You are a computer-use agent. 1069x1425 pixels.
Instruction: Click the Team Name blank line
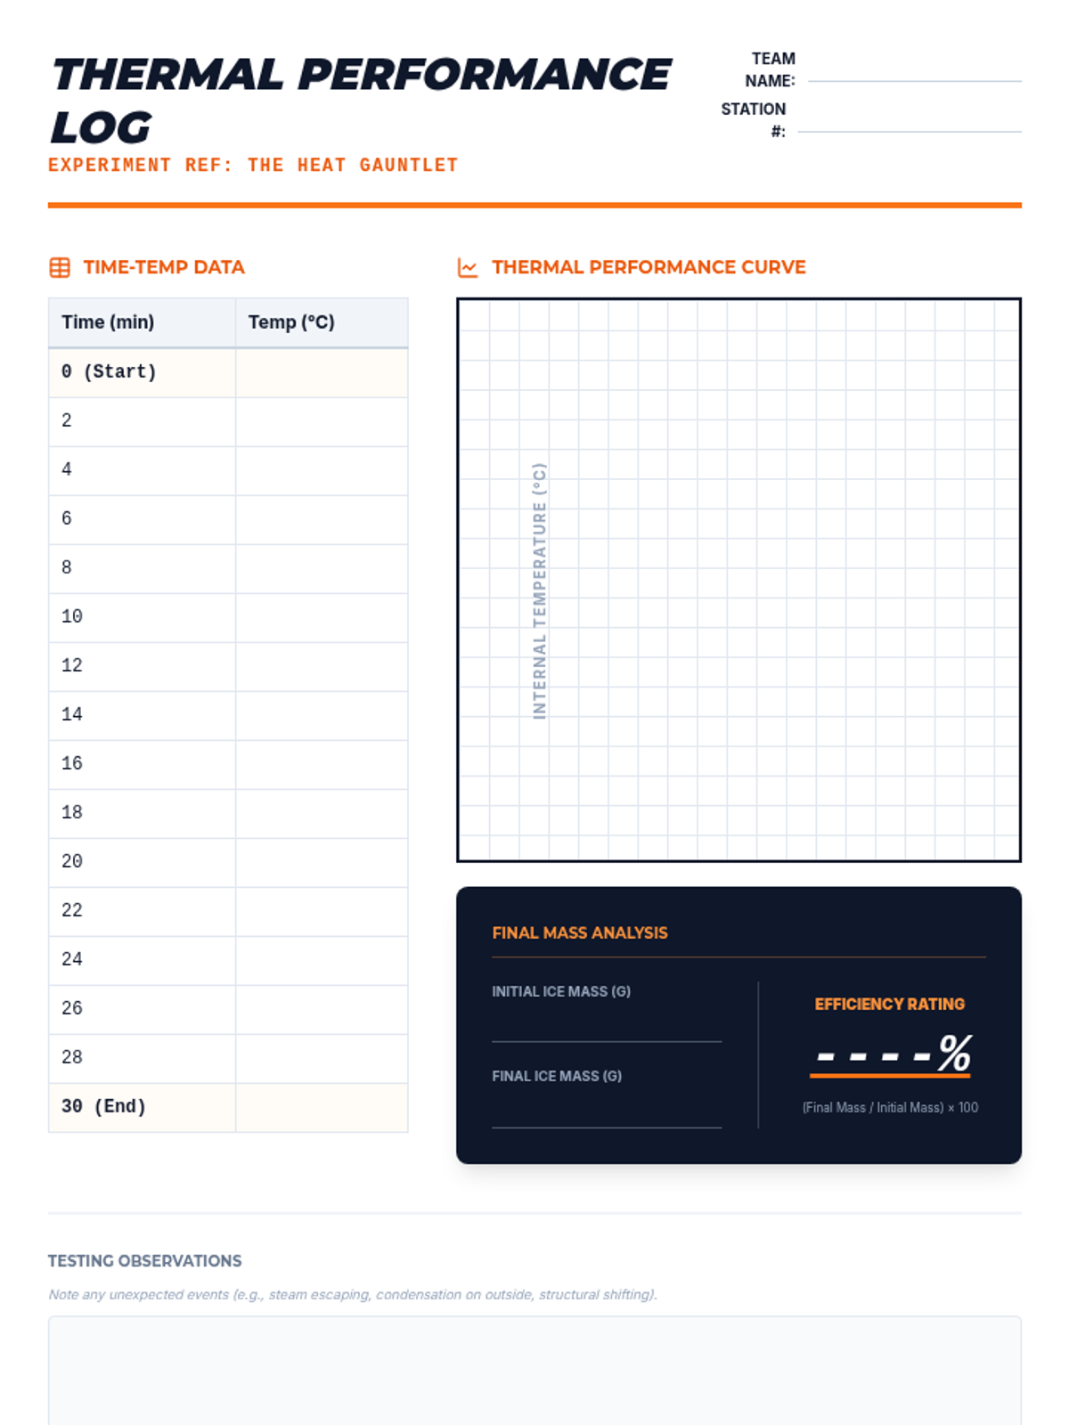(914, 81)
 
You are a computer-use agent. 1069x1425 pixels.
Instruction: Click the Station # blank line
(909, 131)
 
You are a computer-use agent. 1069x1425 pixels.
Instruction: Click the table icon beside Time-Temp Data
(60, 267)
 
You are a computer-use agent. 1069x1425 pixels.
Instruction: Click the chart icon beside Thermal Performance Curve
(468, 267)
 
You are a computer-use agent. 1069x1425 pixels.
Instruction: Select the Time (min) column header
(108, 322)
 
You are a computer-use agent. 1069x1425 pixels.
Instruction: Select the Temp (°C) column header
(291, 322)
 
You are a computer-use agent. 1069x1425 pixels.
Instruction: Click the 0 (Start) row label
(109, 372)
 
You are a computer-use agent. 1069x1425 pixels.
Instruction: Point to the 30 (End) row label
(104, 1106)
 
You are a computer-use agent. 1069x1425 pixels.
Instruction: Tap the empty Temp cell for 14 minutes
(322, 715)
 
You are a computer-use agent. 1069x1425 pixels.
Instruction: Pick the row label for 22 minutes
(72, 910)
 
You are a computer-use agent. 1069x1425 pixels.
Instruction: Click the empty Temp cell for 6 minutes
(322, 519)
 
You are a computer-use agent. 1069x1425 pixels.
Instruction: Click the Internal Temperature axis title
(539, 590)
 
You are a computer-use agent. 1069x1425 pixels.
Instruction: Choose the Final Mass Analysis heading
(580, 932)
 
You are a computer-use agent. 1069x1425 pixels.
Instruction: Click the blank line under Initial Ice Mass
(607, 1041)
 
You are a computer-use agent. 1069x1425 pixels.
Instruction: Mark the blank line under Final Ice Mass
(607, 1127)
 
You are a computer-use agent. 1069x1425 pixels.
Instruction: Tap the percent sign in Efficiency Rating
(955, 1053)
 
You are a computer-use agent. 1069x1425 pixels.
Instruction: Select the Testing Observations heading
(144, 1261)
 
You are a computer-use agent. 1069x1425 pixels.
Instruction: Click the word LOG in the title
(102, 127)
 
